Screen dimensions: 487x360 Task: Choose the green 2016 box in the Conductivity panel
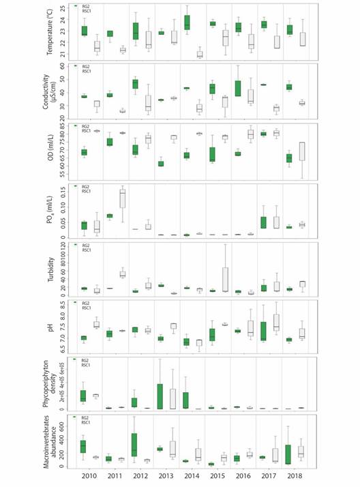[x=237, y=88]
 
